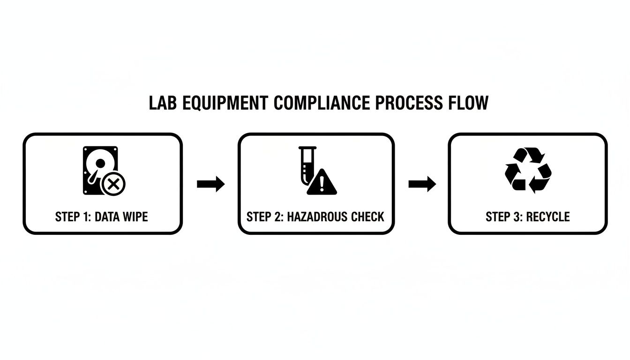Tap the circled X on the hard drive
pos(114,184)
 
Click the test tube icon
pos(305,165)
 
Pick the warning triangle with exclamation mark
pos(322,182)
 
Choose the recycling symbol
pos(528,170)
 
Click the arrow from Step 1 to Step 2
pos(210,184)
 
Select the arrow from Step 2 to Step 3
pos(422,184)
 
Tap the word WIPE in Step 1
pos(135,217)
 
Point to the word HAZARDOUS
pos(318,217)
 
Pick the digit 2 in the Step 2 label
pos(278,217)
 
